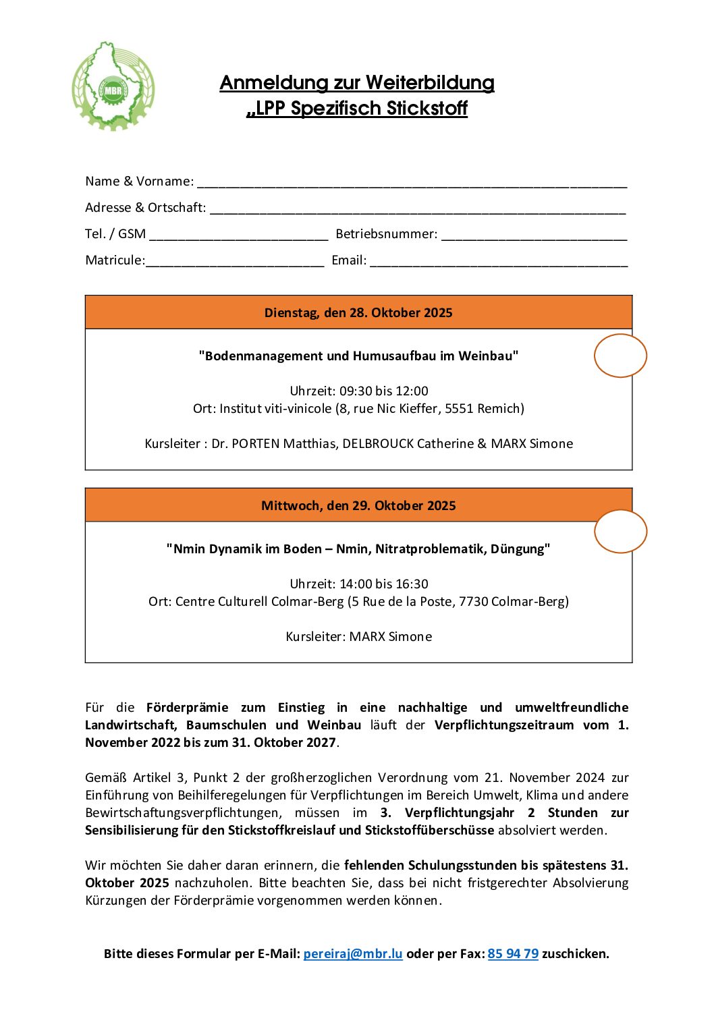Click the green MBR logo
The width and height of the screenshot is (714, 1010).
[x=113, y=86]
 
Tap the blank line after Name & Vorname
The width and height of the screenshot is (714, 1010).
[x=412, y=182]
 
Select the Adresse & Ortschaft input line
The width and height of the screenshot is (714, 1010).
[x=418, y=208]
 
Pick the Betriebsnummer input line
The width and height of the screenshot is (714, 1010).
[x=534, y=235]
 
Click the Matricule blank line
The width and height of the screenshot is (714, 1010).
[x=235, y=261]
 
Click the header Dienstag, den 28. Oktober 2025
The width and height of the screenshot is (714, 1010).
[x=358, y=312]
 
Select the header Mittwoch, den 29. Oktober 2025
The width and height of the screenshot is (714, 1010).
[x=358, y=505]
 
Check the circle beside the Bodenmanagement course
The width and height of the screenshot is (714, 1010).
[x=620, y=356]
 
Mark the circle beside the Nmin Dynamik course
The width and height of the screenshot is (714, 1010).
[x=620, y=532]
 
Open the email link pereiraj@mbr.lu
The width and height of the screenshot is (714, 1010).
[x=353, y=953]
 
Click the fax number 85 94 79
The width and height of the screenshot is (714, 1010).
[x=513, y=953]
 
